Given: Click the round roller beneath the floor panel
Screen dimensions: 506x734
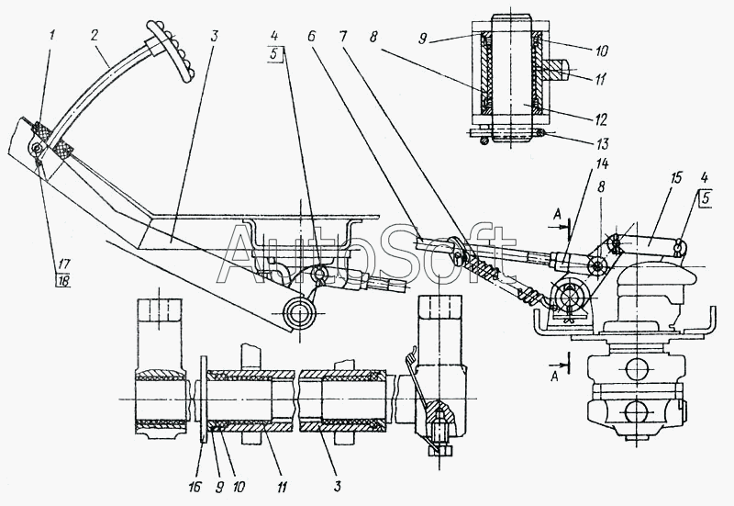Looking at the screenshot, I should (x=301, y=313).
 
